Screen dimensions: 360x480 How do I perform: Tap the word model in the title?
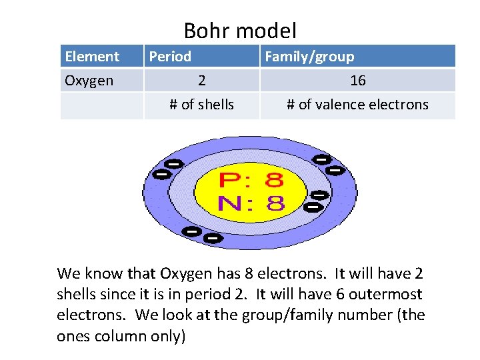pyautogui.click(x=265, y=31)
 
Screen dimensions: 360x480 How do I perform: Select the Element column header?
pyautogui.click(x=92, y=57)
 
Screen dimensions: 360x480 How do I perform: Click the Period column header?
pyautogui.click(x=170, y=57)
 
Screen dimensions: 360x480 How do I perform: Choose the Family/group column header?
pyautogui.click(x=309, y=57)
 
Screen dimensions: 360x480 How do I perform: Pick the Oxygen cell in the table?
pyautogui.click(x=89, y=81)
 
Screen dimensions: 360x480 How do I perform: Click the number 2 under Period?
pyautogui.click(x=201, y=81)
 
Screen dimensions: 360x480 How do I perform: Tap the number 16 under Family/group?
pyautogui.click(x=358, y=81)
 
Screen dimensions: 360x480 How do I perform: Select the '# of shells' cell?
pyautogui.click(x=201, y=105)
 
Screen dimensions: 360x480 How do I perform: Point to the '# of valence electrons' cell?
pyautogui.click(x=357, y=105)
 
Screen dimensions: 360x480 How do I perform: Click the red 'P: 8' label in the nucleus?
pyautogui.click(x=251, y=180)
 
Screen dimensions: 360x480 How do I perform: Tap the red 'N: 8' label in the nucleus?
pyautogui.click(x=251, y=203)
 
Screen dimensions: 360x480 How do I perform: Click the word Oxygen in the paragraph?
pyautogui.click(x=185, y=273)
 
